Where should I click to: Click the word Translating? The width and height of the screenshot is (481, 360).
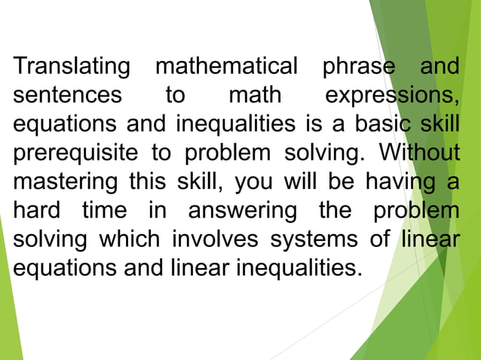pyautogui.click(x=72, y=67)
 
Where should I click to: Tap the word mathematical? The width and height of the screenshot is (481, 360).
pyautogui.click(x=226, y=67)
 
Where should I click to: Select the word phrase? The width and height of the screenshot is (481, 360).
pyautogui.click(x=359, y=67)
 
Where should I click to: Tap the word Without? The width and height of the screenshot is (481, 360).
pyautogui.click(x=419, y=153)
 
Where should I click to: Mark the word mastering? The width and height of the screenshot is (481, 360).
pyautogui.click(x=65, y=182)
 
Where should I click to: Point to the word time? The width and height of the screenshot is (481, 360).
pyautogui.click(x=103, y=210)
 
